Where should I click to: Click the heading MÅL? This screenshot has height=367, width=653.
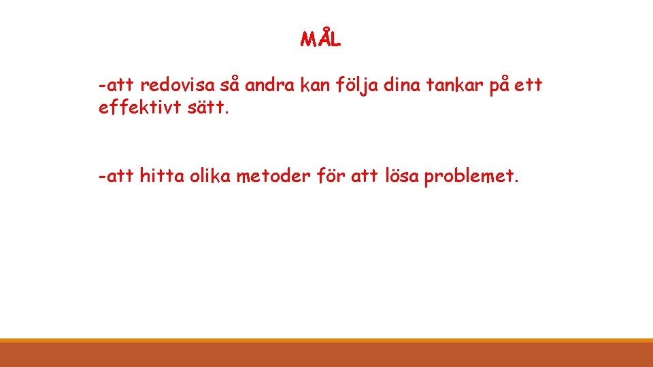click(320, 39)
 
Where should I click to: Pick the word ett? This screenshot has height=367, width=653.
click(529, 86)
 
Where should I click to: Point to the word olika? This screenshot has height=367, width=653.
click(210, 177)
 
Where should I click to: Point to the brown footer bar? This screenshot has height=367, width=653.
click(326, 354)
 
